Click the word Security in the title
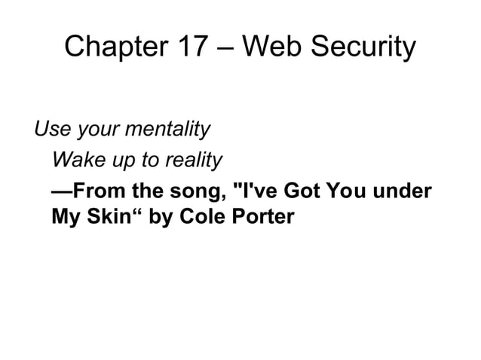tap(362, 47)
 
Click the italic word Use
tap(51, 130)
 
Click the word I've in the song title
tap(257, 191)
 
